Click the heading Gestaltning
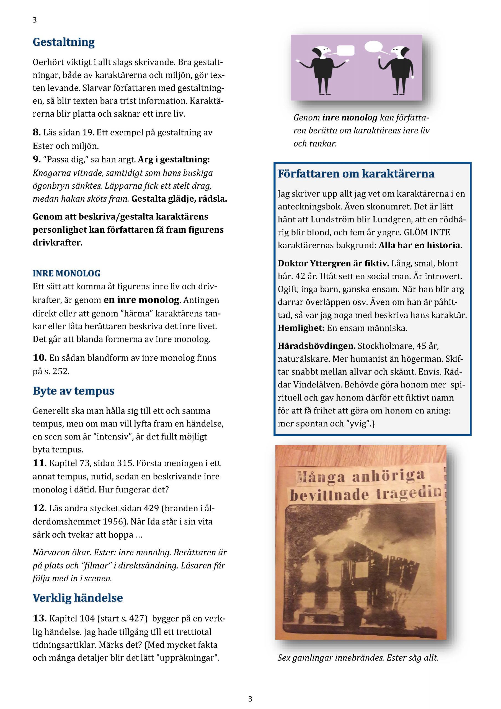click(x=64, y=42)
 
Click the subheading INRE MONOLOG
click(x=66, y=273)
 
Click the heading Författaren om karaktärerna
click(x=356, y=174)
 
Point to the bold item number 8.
click(x=37, y=132)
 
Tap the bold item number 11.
click(x=40, y=463)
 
